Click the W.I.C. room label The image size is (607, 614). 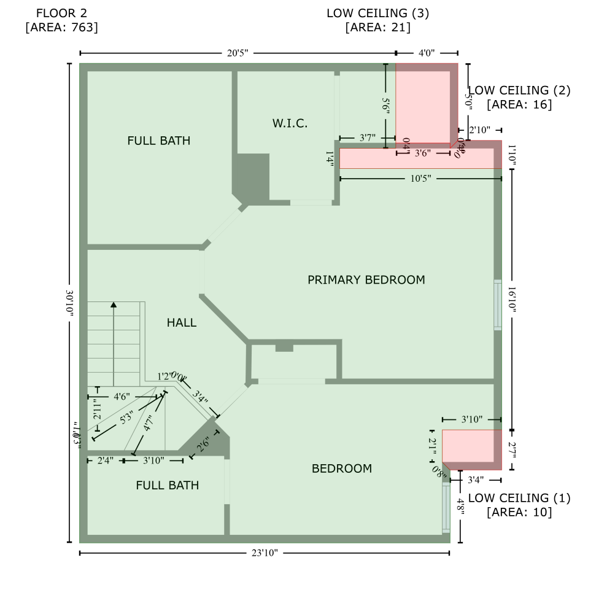click(290, 123)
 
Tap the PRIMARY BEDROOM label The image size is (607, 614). click(366, 280)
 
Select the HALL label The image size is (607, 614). click(182, 322)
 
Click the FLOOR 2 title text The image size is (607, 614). click(61, 13)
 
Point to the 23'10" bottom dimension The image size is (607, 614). click(265, 553)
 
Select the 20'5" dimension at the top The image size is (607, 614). click(237, 53)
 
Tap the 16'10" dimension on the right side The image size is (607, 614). click(512, 303)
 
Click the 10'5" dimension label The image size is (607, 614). click(420, 179)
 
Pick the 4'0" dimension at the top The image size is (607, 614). click(427, 53)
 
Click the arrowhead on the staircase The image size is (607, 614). click(114, 304)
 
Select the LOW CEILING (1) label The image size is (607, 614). click(519, 498)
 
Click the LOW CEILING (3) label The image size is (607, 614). click(377, 13)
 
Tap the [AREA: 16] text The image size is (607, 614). click(519, 104)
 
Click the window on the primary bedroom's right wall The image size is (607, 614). click(498, 305)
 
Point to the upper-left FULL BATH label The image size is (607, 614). click(158, 141)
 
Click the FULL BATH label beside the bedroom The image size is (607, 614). click(167, 486)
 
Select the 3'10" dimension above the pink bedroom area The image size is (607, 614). click(471, 419)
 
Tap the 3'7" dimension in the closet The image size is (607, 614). click(367, 138)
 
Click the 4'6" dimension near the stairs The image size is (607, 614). click(122, 397)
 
